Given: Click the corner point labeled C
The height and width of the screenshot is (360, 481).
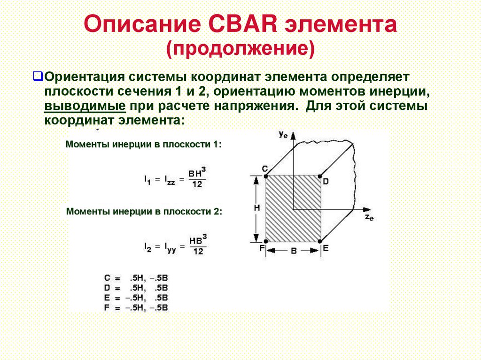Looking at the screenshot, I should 266,176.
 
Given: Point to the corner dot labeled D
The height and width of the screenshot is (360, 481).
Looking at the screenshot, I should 320,176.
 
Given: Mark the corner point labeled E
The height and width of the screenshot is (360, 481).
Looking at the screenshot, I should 321,242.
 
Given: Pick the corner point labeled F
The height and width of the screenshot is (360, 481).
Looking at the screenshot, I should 266,242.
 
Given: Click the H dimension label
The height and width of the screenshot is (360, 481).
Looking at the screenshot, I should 256,207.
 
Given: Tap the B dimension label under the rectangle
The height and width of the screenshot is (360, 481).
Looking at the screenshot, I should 294,251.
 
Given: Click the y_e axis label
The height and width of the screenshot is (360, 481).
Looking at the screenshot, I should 283,134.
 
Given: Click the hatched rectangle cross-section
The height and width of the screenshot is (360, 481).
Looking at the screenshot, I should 293,209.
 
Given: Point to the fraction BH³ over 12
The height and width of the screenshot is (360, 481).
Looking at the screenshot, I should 197,178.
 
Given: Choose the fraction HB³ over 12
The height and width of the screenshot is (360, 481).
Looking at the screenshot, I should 198,246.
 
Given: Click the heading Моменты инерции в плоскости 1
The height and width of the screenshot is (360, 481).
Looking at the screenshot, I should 143,144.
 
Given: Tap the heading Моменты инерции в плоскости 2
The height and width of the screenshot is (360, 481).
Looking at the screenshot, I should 144,212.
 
